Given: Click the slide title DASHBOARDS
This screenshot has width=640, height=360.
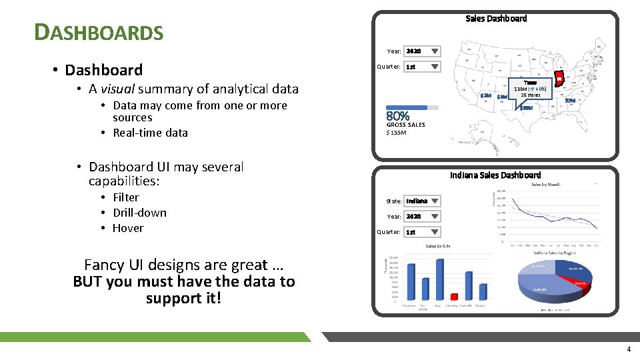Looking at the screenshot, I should (x=99, y=31).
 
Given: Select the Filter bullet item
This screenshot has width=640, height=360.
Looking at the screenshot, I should (x=125, y=197).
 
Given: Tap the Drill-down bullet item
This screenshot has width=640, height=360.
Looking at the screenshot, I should (x=139, y=213).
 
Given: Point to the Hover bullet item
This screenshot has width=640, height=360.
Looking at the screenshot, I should (x=128, y=228).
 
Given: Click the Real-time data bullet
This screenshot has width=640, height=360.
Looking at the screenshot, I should (x=150, y=133).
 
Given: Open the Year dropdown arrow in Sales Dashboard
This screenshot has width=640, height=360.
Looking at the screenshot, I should (x=434, y=51).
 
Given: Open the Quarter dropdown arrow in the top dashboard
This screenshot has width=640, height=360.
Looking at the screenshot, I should (x=434, y=67).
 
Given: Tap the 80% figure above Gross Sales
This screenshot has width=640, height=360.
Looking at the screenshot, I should (x=398, y=117).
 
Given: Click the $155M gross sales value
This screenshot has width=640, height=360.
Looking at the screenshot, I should (x=397, y=133).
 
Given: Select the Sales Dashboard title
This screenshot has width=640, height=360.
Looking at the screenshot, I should (x=495, y=19).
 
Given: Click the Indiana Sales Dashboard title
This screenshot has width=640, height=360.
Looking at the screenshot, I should (x=495, y=175).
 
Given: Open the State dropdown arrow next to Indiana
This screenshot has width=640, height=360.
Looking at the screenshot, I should (x=434, y=201).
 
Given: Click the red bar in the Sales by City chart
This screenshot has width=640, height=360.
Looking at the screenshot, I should (x=455, y=297).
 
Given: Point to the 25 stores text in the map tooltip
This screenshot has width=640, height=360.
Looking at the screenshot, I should (x=530, y=95).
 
